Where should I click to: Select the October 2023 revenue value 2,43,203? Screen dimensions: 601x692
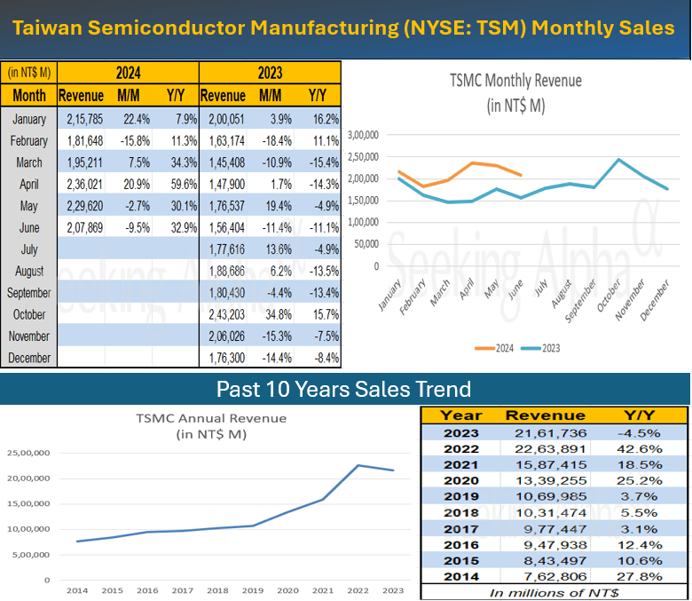[x=224, y=314]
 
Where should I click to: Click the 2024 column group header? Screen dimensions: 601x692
[x=128, y=73]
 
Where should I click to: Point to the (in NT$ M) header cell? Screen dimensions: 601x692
[x=28, y=73]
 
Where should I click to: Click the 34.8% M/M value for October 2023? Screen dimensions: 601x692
[x=270, y=314]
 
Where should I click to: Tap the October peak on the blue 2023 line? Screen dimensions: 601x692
[x=618, y=160]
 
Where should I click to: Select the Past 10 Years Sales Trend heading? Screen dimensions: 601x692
[x=344, y=389]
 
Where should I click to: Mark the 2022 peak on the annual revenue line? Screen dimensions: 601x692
[x=358, y=465]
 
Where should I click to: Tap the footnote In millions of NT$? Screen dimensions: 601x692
[x=554, y=591]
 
